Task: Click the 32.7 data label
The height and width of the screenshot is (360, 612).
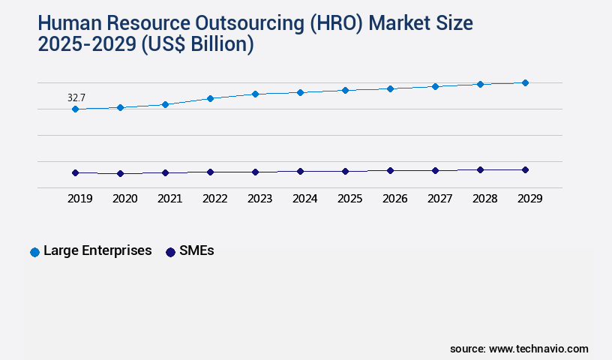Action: point(76,97)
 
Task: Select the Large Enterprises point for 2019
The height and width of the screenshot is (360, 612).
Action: point(75,109)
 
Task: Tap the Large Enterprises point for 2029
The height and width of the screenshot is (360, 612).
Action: point(525,82)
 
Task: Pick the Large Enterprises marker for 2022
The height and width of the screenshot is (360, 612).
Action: point(210,98)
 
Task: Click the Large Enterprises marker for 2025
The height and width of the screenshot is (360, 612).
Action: point(345,90)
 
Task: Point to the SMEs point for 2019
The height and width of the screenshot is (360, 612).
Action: point(75,172)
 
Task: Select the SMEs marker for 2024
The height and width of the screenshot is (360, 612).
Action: point(300,171)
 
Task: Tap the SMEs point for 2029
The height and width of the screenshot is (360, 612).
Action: point(525,169)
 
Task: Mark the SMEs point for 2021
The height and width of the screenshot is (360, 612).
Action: point(165,172)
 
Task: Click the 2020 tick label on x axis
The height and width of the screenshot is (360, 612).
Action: point(124,199)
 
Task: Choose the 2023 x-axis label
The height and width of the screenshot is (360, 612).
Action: point(259,199)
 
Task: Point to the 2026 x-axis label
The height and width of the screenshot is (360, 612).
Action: point(394,199)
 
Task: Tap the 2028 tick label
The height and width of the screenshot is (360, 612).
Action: point(484,199)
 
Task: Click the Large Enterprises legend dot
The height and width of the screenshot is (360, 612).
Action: point(34,252)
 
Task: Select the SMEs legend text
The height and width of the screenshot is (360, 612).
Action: point(196,251)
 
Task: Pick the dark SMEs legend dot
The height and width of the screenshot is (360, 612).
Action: point(170,252)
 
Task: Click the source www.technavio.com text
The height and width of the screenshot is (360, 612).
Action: point(519,349)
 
